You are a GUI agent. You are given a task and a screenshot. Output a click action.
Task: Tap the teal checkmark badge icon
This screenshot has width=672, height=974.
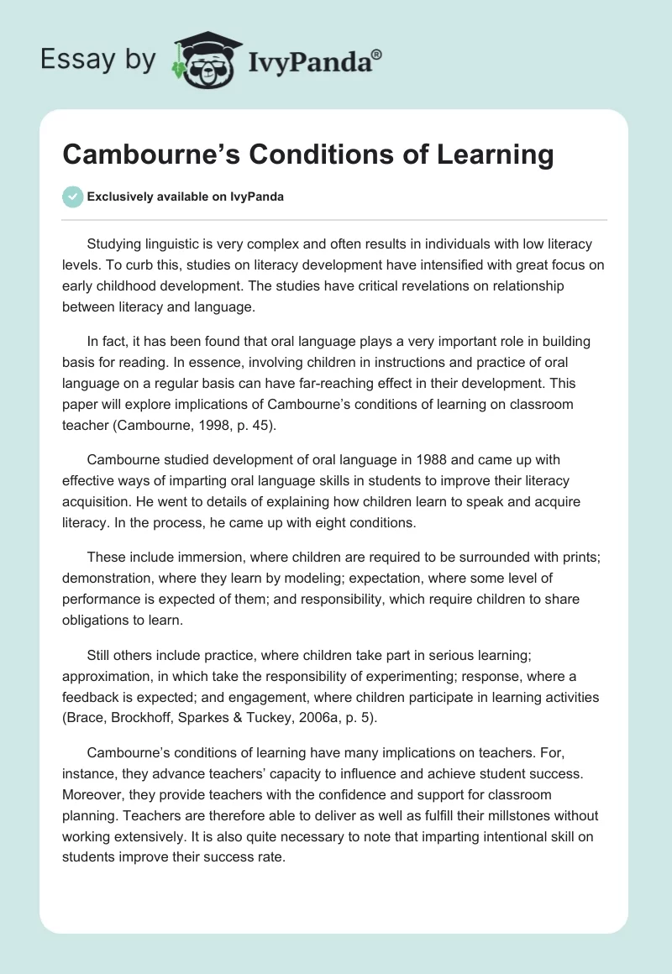point(72,196)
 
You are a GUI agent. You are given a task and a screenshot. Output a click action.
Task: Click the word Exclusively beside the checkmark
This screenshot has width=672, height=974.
point(119,197)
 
